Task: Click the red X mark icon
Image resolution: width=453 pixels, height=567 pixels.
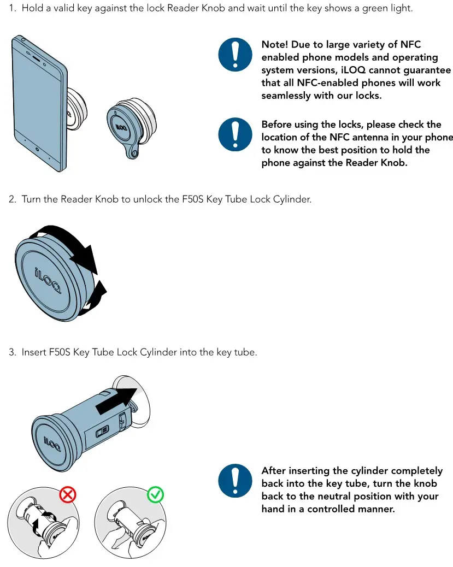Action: tap(67, 495)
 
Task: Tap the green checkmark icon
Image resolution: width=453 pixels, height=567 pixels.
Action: tap(156, 495)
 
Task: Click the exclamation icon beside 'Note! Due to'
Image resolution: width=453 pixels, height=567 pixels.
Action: tap(236, 56)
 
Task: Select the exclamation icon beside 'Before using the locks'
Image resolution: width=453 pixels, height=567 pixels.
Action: tap(236, 135)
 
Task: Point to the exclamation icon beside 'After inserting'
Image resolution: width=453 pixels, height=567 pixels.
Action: tap(236, 481)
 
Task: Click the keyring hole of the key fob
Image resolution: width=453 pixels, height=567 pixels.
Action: tap(131, 152)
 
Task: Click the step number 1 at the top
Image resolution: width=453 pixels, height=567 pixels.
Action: tap(11, 10)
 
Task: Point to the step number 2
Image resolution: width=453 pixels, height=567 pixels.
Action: tap(12, 199)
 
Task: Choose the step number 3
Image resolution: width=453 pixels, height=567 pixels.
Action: tap(12, 352)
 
